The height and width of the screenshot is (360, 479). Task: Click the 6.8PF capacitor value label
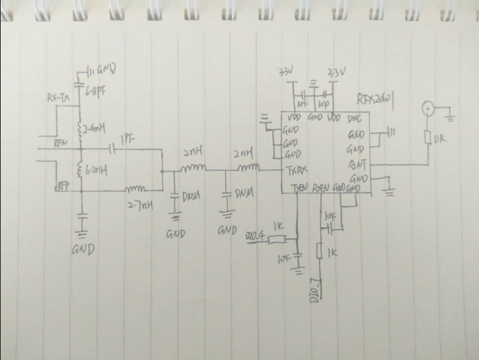[95, 90]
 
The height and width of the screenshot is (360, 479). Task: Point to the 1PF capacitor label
[127, 140]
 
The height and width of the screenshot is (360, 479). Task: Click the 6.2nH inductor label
[96, 168]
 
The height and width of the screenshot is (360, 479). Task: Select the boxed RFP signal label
[62, 186]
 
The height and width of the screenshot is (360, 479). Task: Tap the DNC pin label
[354, 118]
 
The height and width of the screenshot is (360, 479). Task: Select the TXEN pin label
[299, 188]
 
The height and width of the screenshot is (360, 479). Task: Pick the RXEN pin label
[320, 188]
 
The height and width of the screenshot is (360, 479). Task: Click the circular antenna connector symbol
[428, 109]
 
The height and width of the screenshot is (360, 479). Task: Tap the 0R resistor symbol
[428, 138]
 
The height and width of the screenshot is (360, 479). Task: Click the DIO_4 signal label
[255, 238]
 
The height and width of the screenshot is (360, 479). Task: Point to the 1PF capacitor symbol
[112, 148]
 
